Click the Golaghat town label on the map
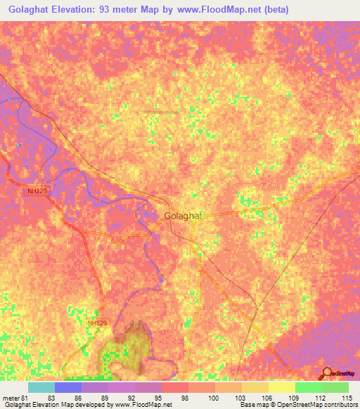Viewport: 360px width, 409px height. pos(183,216)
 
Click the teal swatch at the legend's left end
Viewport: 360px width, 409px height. pos(41,387)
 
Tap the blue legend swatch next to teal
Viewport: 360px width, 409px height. pos(67,387)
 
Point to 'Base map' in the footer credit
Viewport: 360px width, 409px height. pos(252,405)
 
